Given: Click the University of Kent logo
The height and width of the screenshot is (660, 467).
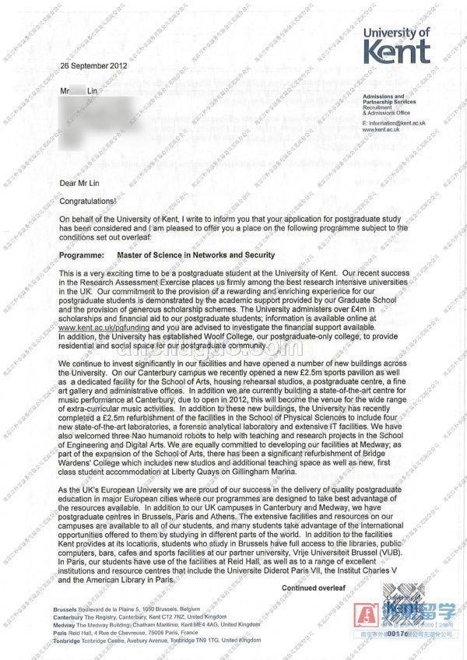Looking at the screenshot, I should click(396, 45).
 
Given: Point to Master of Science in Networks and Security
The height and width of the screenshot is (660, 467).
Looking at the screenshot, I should click(195, 255).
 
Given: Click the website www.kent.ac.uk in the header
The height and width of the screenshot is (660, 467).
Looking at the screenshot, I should click(381, 130).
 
